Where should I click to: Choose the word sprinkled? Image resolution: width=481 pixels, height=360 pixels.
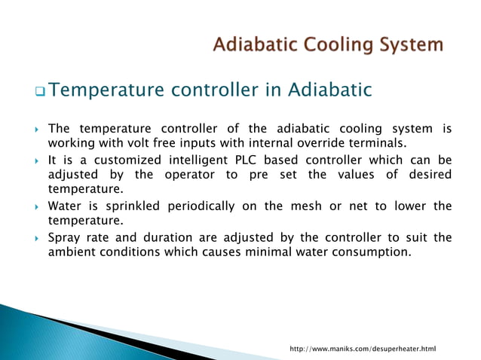126,206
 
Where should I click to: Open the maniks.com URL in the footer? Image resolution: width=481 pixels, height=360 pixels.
363,349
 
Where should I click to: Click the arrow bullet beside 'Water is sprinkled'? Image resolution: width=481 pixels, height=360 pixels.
35,206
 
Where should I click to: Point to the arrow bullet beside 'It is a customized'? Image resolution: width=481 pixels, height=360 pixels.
35,160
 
